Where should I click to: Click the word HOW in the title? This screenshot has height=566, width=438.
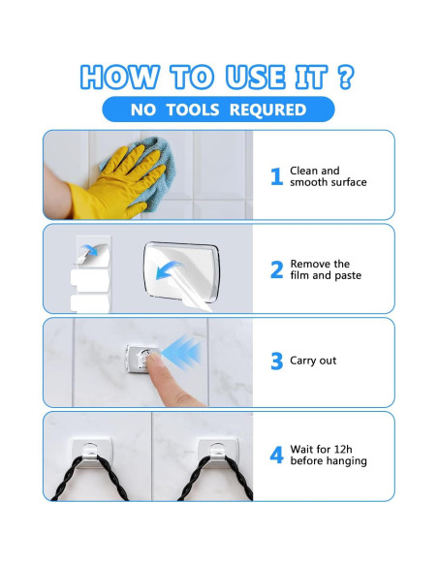tap(120, 77)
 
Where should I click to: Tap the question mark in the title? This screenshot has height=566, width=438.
tap(346, 77)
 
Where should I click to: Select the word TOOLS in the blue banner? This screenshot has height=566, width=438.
tap(193, 110)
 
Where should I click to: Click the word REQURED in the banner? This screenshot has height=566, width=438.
tap(267, 110)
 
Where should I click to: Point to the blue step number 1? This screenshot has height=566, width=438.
tap(277, 176)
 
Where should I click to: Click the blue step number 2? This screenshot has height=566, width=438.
tap(277, 269)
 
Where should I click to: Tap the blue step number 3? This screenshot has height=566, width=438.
tap(277, 362)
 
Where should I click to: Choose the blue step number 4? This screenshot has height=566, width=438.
tap(277, 455)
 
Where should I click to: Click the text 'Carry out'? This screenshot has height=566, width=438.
tap(313, 361)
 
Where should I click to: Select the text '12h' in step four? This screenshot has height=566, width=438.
tap(343, 449)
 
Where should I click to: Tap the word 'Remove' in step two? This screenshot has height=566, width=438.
tap(307, 264)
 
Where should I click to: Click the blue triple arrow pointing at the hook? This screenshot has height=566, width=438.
tap(181, 353)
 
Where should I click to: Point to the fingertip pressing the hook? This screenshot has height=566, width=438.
tap(154, 359)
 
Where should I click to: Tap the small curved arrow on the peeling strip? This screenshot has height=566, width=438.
tap(89, 250)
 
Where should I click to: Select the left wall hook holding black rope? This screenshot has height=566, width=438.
tap(92, 453)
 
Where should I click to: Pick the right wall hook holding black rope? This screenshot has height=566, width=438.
tap(218, 453)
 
